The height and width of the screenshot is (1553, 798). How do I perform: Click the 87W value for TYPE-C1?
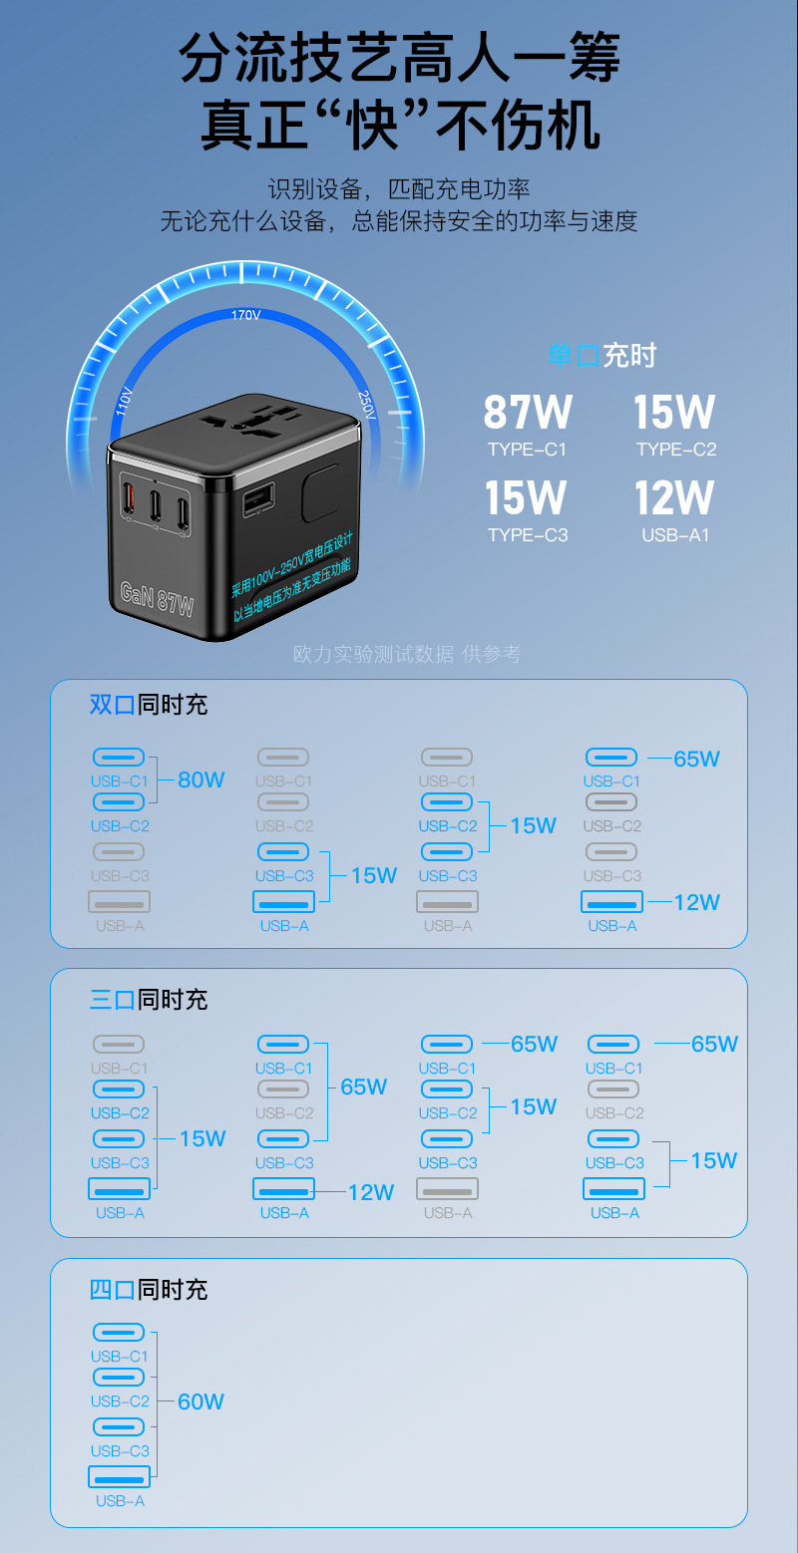(528, 413)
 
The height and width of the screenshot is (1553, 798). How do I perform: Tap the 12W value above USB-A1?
(675, 498)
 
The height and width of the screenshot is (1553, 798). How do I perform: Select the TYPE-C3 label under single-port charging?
(528, 535)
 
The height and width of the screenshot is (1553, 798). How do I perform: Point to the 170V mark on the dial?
(245, 315)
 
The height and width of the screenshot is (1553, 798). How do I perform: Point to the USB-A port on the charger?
(258, 496)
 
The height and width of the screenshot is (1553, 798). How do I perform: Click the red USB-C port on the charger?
(128, 499)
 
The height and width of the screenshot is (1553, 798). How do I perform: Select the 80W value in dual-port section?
(201, 780)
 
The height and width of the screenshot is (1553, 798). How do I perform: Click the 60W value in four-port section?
(200, 1402)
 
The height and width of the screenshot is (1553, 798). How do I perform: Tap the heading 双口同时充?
(149, 705)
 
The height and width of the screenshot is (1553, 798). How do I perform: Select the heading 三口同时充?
(149, 999)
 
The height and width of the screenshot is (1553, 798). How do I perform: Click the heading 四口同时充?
(149, 1290)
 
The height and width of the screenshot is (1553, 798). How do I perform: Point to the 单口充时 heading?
(602, 355)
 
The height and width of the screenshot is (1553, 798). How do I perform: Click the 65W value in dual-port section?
(696, 760)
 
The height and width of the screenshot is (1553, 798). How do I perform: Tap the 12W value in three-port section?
(371, 1192)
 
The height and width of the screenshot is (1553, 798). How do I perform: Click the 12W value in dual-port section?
(696, 903)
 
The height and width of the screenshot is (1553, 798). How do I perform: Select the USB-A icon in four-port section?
(120, 1477)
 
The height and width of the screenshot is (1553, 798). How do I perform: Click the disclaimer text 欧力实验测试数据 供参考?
(407, 654)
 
